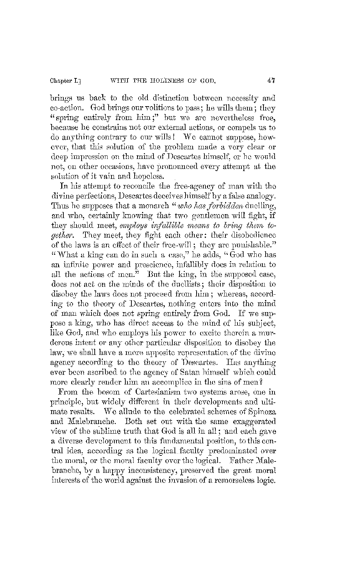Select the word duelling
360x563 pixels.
pyautogui.click(x=262, y=204)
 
